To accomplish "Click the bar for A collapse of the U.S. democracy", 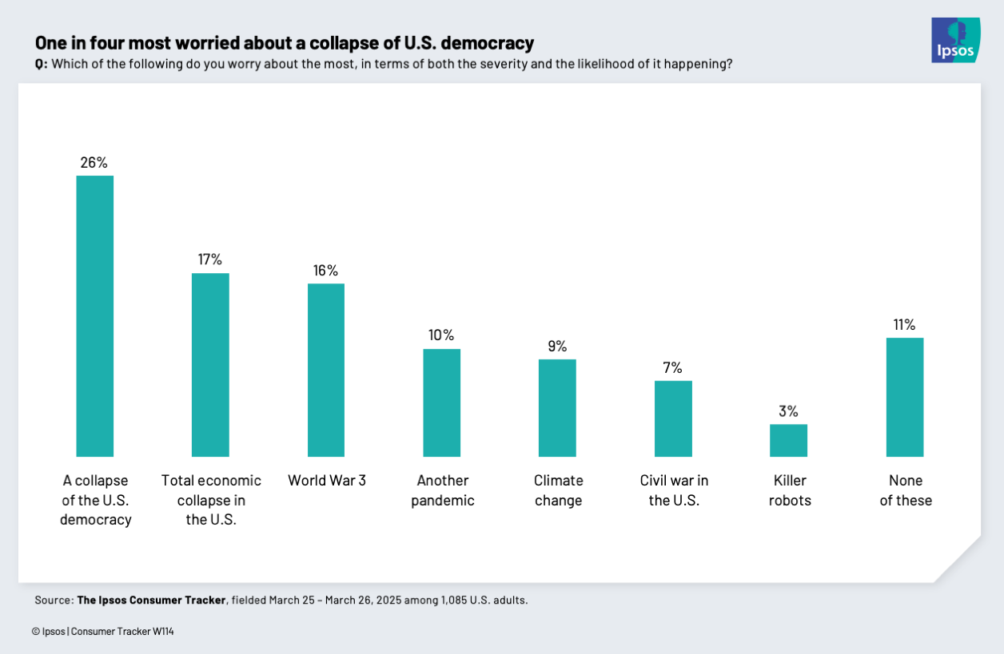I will (94, 315).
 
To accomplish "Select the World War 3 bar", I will (326, 370).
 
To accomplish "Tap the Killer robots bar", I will (788, 440).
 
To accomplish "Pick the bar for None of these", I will (905, 397).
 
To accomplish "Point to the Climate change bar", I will (557, 407).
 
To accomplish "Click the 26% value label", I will (94, 162).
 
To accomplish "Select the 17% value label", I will (210, 260).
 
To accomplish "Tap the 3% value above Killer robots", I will (788, 411).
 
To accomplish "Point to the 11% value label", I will (905, 325).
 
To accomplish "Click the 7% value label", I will (672, 367).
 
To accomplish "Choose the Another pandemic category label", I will (442, 490).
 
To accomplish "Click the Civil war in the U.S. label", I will (674, 490).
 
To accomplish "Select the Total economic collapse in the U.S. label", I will (211, 501).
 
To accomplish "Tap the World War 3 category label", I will (327, 481).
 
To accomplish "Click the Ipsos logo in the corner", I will (955, 40).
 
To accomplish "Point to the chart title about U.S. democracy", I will (284, 42).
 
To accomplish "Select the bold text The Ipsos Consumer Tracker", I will (151, 600).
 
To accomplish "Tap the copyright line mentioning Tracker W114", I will (103, 632).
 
